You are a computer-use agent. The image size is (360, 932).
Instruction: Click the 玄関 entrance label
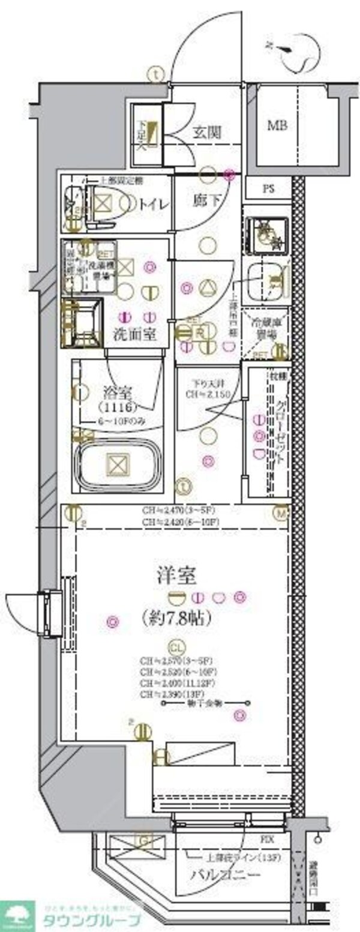click(207, 133)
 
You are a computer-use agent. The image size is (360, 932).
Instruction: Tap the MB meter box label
click(277, 126)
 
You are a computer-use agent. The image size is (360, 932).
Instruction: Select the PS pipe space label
click(268, 189)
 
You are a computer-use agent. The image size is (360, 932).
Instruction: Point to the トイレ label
click(154, 203)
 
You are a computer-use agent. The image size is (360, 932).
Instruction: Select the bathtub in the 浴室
click(118, 464)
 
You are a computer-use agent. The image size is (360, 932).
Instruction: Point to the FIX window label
click(268, 838)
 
